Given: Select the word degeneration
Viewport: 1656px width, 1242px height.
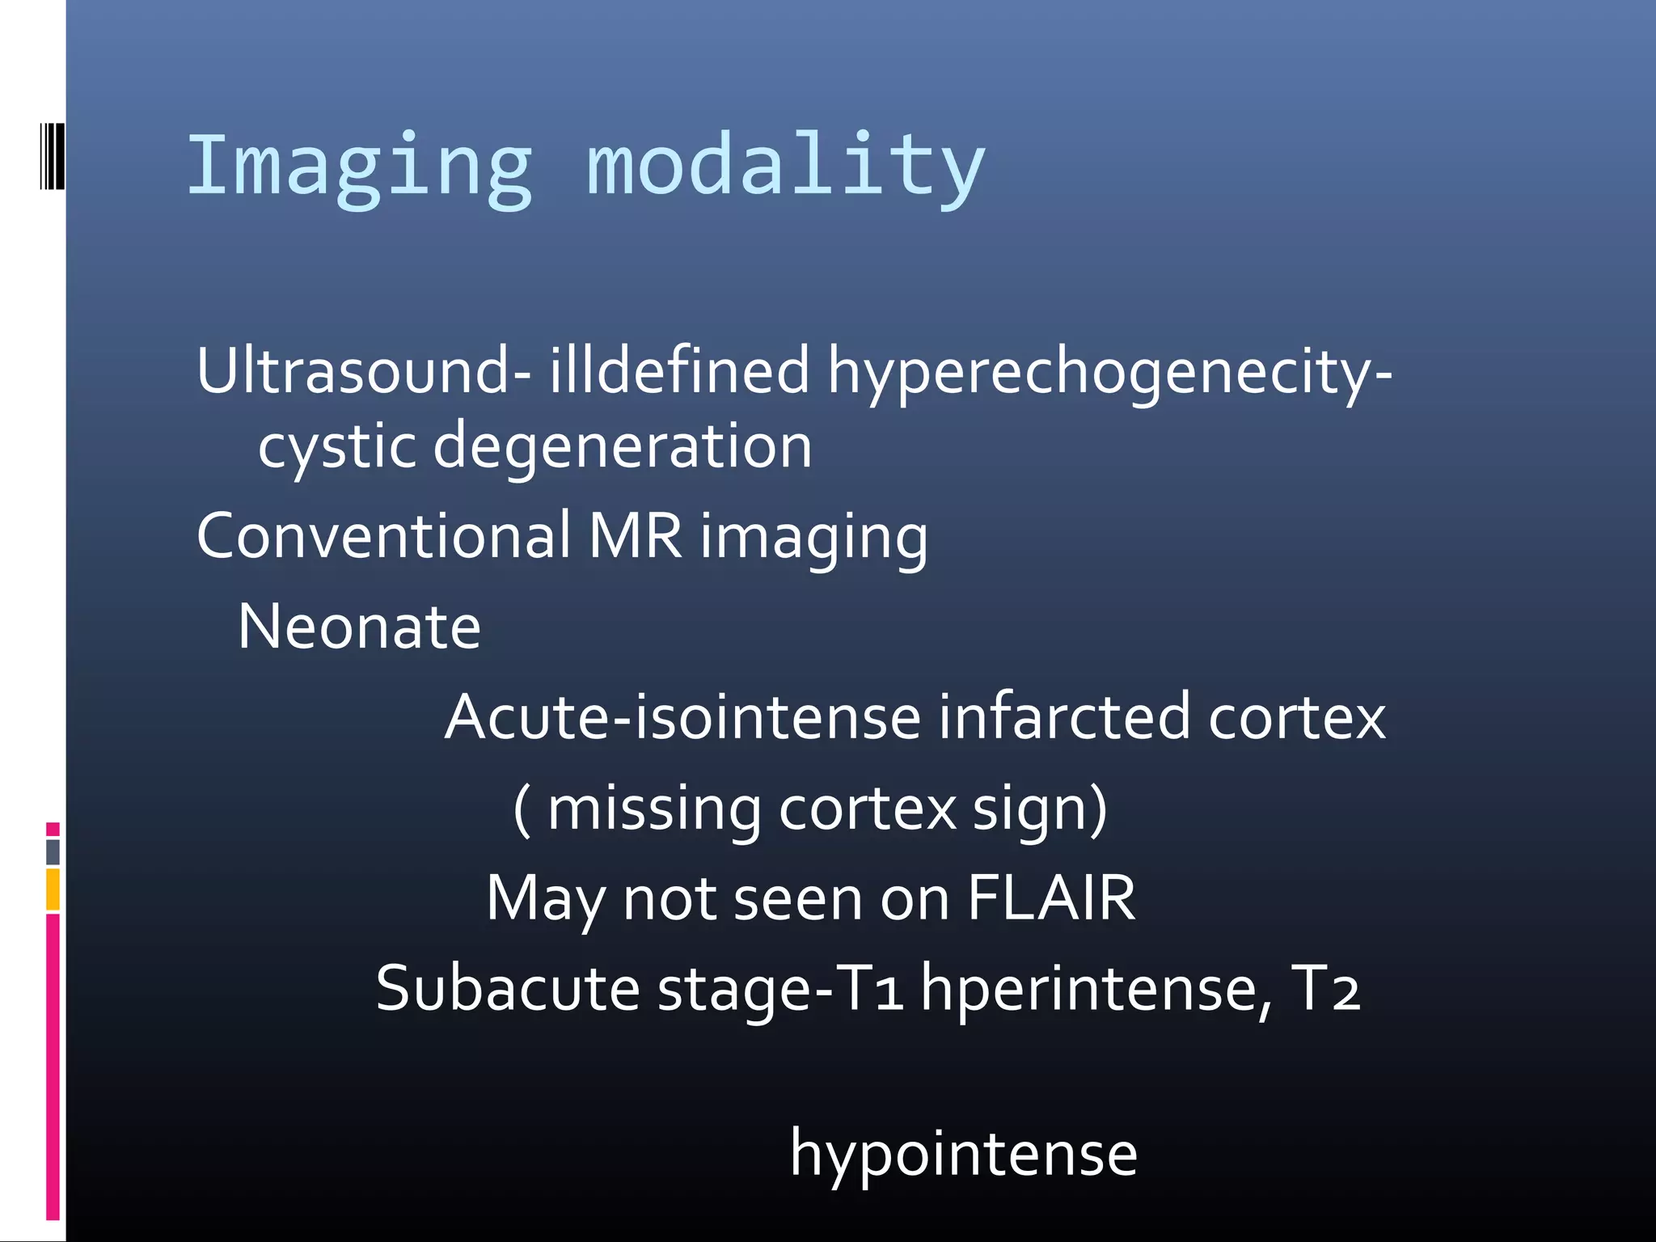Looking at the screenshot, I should coord(623,447).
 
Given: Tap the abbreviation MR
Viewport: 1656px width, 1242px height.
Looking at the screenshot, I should coord(636,536).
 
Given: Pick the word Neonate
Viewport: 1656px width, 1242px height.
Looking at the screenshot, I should coord(360,627).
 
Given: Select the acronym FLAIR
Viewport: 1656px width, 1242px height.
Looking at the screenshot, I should coord(1051,898).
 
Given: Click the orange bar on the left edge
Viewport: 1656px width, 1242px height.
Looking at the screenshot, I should coord(53,889).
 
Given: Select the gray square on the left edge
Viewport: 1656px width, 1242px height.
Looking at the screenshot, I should coord(53,851).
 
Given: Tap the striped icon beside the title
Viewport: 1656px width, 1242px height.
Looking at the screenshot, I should coord(51,156).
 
